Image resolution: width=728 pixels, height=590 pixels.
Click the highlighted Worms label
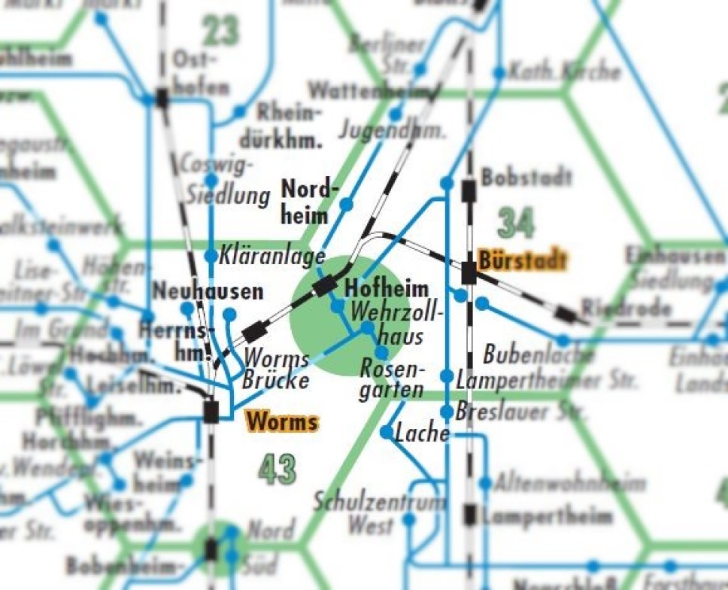click(281, 421)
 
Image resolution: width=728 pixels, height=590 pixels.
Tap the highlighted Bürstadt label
click(522, 260)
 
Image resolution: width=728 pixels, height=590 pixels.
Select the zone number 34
click(517, 224)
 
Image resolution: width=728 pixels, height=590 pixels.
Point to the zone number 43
click(277, 470)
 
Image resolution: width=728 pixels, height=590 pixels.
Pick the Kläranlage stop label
click(272, 257)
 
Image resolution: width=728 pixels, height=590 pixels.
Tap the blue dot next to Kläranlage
click(211, 256)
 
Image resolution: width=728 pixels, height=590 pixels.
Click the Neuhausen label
click(208, 291)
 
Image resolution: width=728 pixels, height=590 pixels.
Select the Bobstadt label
click(526, 178)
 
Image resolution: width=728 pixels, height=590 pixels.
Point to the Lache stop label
click(422, 433)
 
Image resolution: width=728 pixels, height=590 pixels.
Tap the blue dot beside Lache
click(387, 432)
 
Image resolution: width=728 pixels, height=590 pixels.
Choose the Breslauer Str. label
click(521, 412)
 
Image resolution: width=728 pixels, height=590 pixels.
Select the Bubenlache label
click(529, 354)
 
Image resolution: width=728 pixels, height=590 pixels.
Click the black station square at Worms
click(211, 410)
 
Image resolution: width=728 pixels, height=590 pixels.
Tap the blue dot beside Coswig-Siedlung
click(211, 180)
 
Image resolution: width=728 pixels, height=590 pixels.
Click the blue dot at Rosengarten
click(382, 352)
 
